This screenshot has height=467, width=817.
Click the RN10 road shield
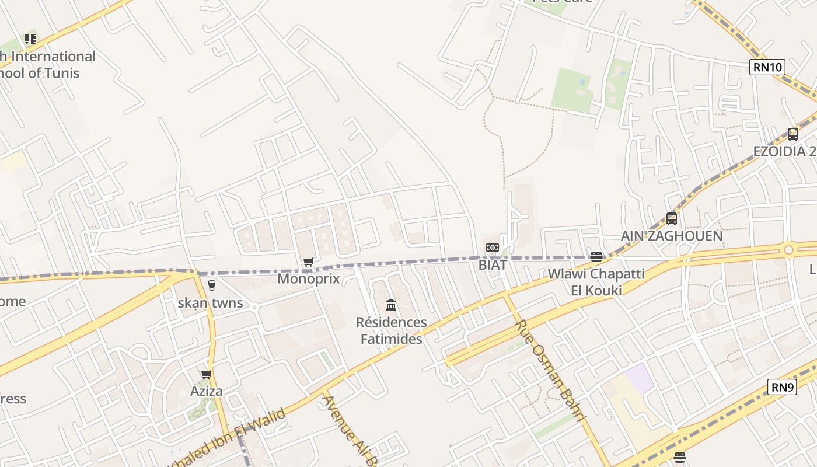[767, 67]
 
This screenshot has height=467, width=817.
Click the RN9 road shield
[782, 387]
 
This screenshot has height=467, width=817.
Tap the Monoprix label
[308, 278]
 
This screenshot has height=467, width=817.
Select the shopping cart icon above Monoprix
[309, 262]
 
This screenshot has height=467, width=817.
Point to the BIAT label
[493, 264]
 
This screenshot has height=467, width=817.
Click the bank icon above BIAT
[493, 248]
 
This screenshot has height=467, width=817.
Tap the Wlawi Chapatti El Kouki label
[596, 282]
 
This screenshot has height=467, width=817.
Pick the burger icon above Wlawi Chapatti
[596, 256]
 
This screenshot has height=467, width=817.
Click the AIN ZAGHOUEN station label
[671, 236]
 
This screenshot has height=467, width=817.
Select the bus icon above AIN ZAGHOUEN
[672, 219]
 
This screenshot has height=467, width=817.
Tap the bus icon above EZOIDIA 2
[792, 134]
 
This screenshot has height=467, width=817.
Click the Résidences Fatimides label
[391, 330]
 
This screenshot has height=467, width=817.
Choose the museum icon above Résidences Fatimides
[391, 305]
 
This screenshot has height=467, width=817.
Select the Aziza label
[207, 391]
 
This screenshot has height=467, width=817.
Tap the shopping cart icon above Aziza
[206, 374]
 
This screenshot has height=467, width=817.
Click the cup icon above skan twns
[211, 285]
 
